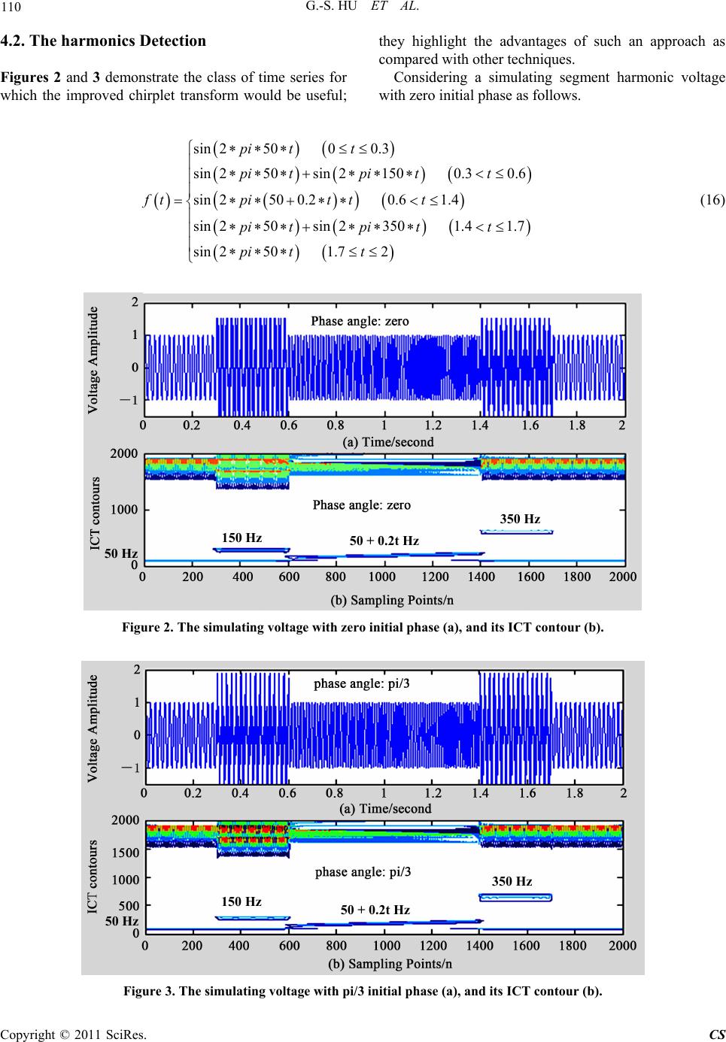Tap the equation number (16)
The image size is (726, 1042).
click(x=710, y=199)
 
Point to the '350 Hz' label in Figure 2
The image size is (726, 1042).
click(x=520, y=519)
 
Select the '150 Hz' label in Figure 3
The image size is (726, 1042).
click(x=241, y=901)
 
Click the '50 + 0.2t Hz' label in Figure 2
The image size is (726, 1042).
click(x=384, y=541)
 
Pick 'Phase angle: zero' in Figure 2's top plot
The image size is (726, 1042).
click(x=360, y=321)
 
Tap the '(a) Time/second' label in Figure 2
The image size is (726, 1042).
click(x=388, y=442)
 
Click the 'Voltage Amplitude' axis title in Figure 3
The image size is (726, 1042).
click(x=93, y=729)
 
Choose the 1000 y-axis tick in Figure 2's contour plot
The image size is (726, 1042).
click(x=123, y=510)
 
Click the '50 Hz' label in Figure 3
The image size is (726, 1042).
click(x=121, y=920)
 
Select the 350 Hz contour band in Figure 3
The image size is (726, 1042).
click(x=515, y=897)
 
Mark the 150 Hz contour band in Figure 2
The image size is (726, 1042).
click(x=251, y=550)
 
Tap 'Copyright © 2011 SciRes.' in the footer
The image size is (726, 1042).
click(x=74, y=1033)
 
